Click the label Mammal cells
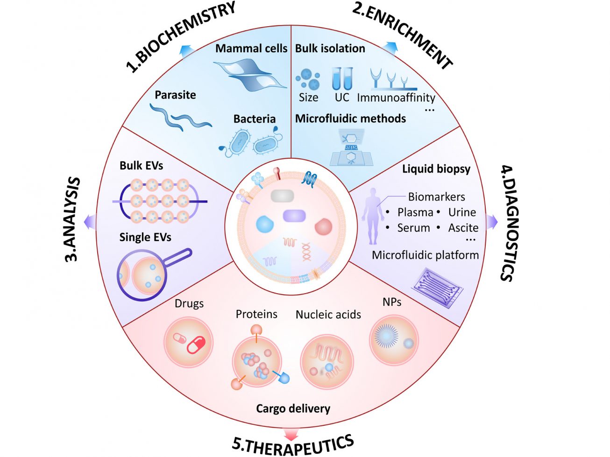[x=251, y=49]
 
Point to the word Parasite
[x=175, y=95]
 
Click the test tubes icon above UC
[x=342, y=78]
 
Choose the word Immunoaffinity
[x=396, y=98]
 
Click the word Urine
[x=462, y=212]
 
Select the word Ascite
[x=463, y=228]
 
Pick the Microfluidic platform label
[x=425, y=255]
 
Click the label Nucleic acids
[x=328, y=315]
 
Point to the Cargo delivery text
[x=293, y=409]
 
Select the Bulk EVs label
[x=141, y=166]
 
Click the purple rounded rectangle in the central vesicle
[x=294, y=216]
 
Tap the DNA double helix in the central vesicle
[x=306, y=252]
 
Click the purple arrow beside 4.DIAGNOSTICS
[x=492, y=222]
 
